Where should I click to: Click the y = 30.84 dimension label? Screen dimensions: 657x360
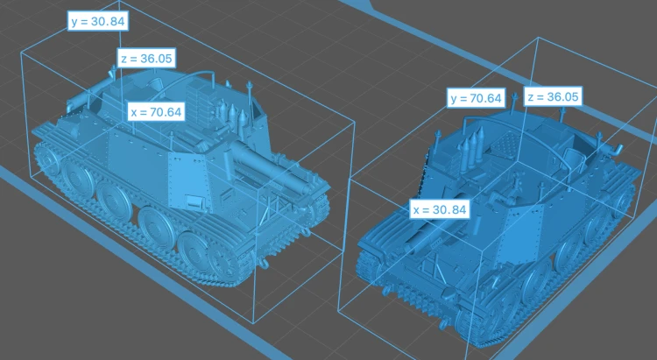pos(98,21)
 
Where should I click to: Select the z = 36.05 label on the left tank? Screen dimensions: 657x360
pos(146,59)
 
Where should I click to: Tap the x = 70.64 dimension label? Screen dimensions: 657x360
pos(156,112)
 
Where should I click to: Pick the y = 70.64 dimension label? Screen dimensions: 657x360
pos(476,98)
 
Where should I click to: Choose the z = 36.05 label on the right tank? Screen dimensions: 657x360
pos(553,97)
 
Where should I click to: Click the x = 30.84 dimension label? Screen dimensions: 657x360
pos(440,209)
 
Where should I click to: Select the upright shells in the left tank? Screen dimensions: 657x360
pos(230,112)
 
